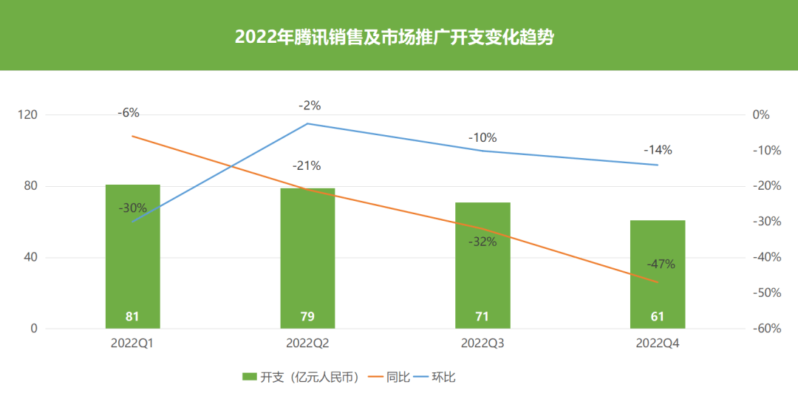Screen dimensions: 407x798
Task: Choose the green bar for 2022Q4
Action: [658, 273]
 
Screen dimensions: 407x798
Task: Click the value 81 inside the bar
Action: [133, 317]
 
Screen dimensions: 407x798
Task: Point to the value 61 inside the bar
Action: [658, 317]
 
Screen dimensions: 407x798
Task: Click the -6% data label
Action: [129, 113]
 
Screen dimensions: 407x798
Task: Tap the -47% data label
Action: [661, 264]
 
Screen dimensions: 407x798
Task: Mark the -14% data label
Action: [658, 150]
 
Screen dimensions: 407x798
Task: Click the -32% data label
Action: [482, 242]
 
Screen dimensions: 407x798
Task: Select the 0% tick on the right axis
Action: [760, 115]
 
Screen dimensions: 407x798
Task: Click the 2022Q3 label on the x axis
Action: [482, 343]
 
